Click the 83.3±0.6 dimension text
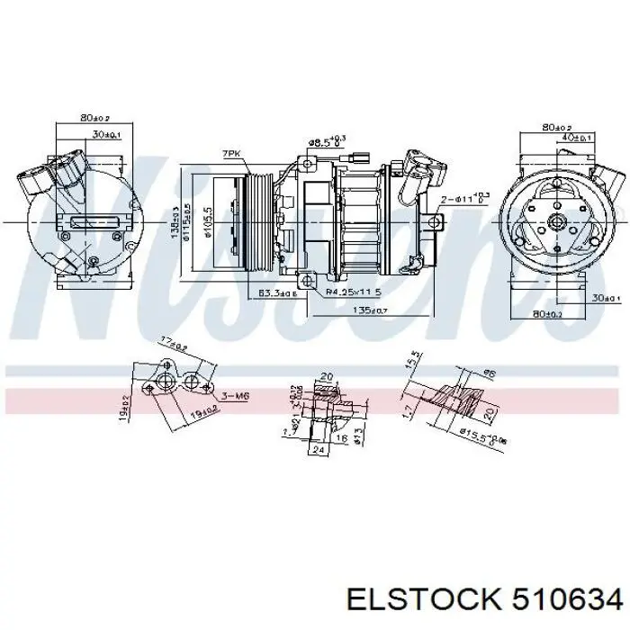click(x=275, y=293)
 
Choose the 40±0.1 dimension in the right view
click(x=575, y=139)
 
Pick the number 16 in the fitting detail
click(x=341, y=438)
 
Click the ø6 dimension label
click(x=490, y=372)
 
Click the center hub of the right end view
click(x=554, y=221)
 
